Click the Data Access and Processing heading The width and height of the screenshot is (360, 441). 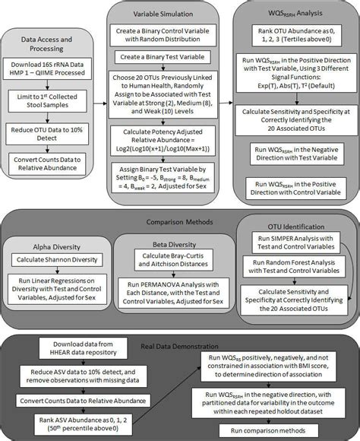(x=52, y=44)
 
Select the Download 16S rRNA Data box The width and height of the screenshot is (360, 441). (x=52, y=72)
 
